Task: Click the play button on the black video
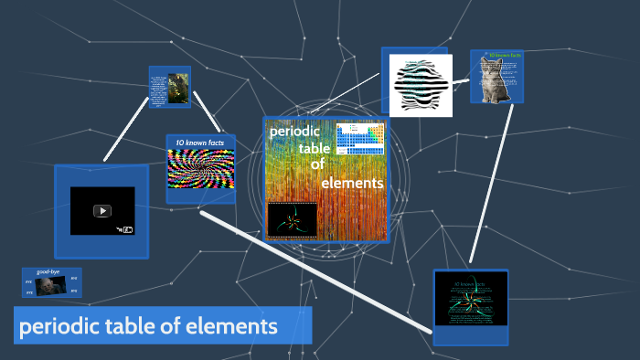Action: coord(102,210)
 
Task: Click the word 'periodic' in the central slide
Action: coord(292,131)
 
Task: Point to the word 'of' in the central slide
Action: coord(317,164)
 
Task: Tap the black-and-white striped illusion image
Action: coord(421,85)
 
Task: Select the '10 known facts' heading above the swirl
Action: coord(200,143)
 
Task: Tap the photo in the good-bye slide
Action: coord(50,286)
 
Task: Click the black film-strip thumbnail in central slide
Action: coord(292,219)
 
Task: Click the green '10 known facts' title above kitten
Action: coord(504,56)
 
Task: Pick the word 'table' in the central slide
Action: coord(315,148)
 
